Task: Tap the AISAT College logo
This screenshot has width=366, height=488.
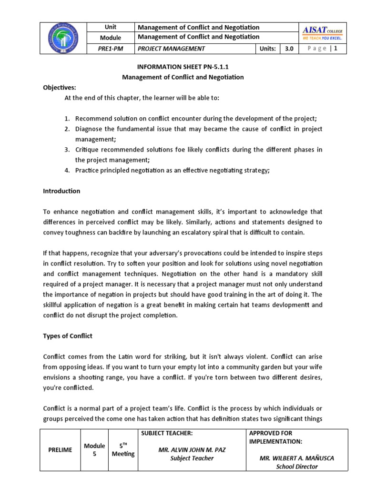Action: click(322, 33)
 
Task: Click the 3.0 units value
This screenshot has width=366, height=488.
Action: click(289, 48)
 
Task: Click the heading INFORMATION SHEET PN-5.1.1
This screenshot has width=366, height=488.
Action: click(183, 67)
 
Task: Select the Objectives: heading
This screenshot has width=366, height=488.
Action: click(60, 87)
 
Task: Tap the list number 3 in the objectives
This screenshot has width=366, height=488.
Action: click(67, 150)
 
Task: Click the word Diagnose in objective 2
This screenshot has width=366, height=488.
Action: click(88, 129)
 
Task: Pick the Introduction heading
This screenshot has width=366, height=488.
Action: click(61, 191)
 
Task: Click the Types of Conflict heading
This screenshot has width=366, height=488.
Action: click(68, 336)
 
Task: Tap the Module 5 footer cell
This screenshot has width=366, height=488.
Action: click(94, 450)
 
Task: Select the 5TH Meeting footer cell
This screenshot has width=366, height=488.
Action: click(123, 449)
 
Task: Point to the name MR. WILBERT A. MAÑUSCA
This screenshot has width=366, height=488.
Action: click(297, 458)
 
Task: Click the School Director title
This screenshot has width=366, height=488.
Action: click(297, 467)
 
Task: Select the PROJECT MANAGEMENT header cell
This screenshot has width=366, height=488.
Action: click(171, 48)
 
